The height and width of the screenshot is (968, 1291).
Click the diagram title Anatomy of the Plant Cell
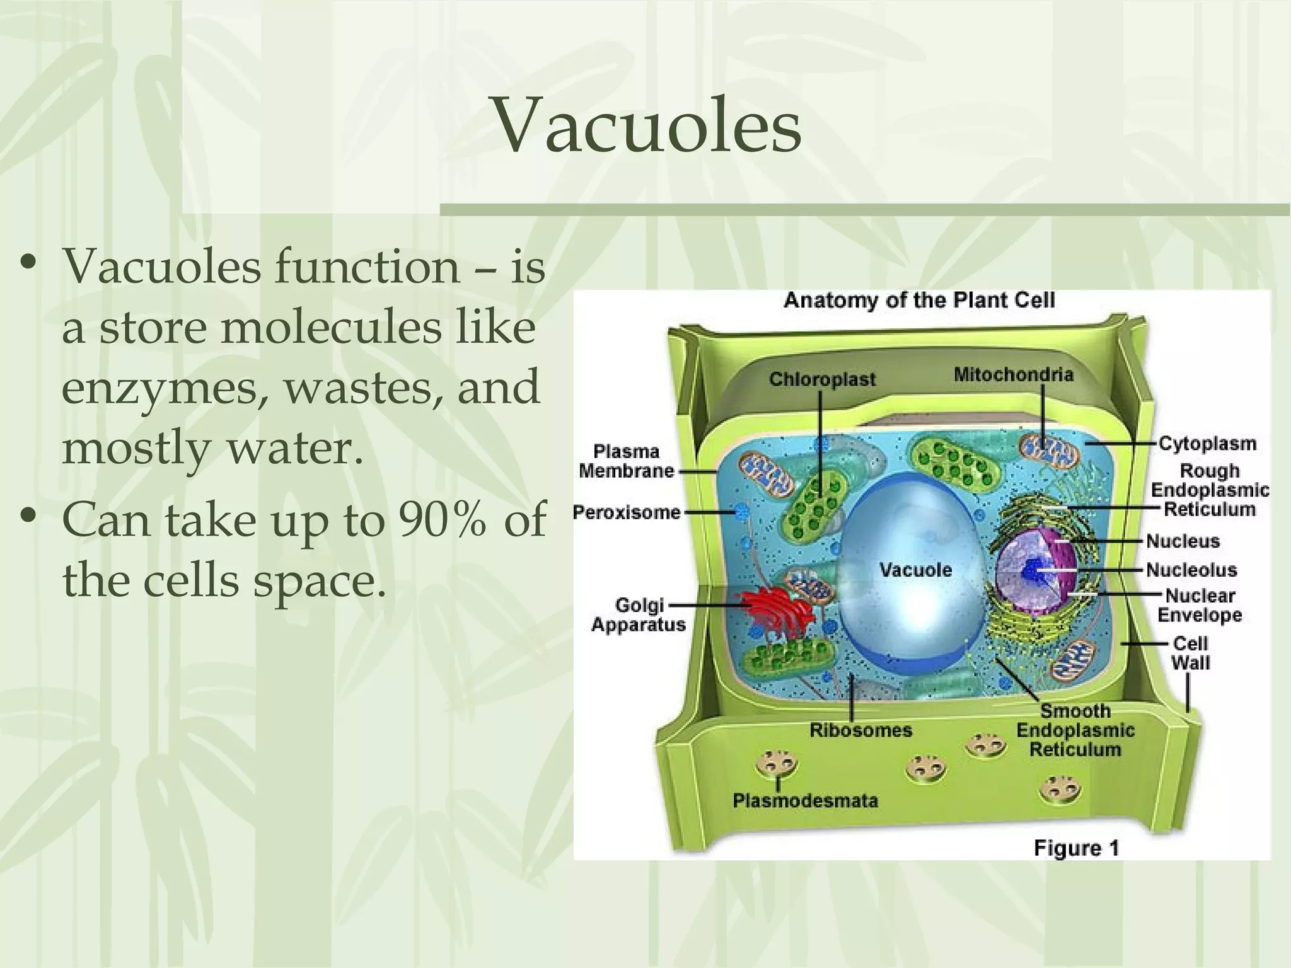[918, 300]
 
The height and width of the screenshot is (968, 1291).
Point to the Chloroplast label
[822, 379]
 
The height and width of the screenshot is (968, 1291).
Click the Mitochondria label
[1013, 375]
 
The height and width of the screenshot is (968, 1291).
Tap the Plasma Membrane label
[626, 461]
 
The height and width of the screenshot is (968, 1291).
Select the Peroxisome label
[627, 512]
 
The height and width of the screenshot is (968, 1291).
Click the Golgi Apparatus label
[638, 614]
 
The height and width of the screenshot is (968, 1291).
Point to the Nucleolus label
[1191, 570]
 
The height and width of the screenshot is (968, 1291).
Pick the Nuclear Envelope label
[1200, 605]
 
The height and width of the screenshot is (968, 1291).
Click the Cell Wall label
[1190, 653]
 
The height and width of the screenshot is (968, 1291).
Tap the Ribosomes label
[860, 730]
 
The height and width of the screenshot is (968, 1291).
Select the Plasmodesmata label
[805, 801]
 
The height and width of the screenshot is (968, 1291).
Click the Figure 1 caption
[1076, 848]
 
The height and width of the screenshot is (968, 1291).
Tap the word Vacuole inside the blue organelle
[915, 570]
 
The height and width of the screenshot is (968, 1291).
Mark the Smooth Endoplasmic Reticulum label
[1075, 730]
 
